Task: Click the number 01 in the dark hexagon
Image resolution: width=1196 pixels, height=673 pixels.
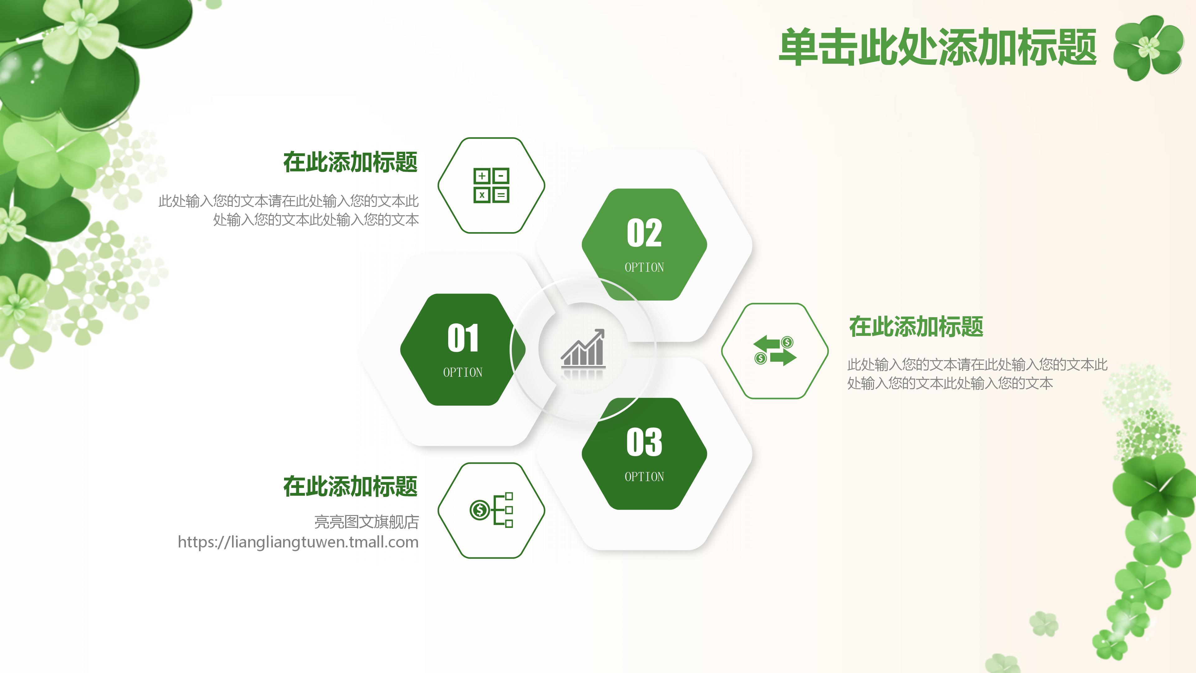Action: click(x=463, y=338)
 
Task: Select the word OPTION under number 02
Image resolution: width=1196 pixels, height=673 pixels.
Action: click(x=644, y=268)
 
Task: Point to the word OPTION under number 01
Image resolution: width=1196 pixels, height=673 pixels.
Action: click(x=463, y=373)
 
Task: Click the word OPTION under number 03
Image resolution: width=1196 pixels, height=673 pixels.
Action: click(x=644, y=477)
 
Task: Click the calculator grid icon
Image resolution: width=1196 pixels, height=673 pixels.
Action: click(x=491, y=185)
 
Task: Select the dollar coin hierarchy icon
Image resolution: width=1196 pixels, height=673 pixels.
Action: click(x=491, y=510)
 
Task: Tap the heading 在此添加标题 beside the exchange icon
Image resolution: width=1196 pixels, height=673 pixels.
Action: click(x=916, y=327)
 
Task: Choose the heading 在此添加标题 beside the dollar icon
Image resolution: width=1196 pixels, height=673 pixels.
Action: click(x=350, y=486)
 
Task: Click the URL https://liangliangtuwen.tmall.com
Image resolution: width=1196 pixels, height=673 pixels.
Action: click(x=298, y=542)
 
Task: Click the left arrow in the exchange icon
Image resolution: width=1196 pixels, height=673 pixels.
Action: click(x=765, y=344)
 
